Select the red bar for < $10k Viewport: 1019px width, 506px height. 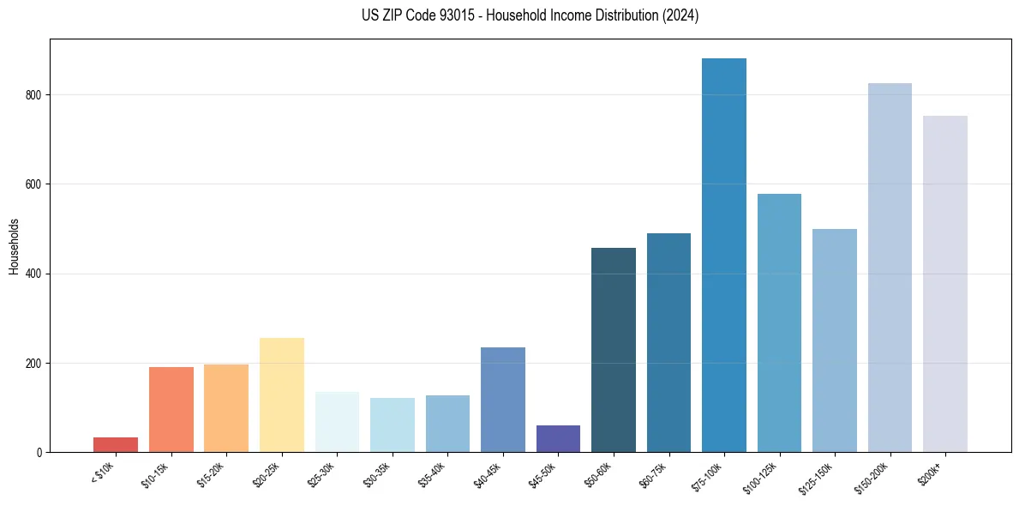116,444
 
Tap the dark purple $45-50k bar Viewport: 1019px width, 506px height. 558,438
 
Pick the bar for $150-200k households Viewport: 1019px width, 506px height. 890,267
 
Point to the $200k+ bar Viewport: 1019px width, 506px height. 944,283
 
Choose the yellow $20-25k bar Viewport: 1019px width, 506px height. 282,395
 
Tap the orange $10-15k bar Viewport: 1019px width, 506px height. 171,409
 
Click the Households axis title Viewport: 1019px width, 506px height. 14,246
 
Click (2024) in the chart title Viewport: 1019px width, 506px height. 681,15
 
